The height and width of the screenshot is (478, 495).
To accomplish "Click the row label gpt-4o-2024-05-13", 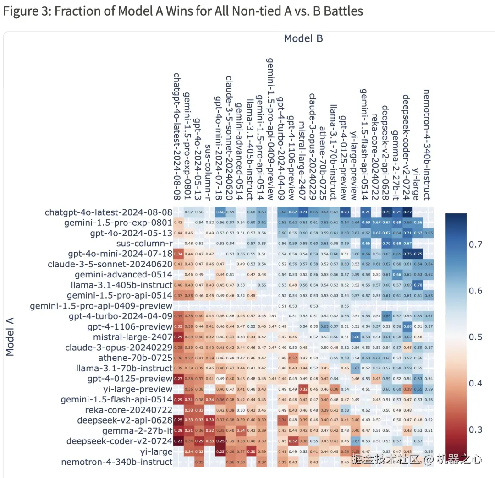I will pos(131,233).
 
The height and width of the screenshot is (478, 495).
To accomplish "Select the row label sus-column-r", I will pos(144,243).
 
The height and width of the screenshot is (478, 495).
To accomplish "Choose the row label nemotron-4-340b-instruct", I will pos(117,462).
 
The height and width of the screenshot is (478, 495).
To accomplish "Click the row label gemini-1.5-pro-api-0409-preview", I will pos(101,305).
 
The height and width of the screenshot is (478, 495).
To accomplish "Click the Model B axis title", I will pos(303,38).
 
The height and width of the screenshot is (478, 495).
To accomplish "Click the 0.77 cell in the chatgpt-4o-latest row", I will pos(407,212).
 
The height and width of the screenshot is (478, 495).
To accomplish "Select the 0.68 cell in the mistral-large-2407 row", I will pos(354,337).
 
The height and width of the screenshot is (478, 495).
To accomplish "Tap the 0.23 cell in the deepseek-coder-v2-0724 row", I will pos(177,441).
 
